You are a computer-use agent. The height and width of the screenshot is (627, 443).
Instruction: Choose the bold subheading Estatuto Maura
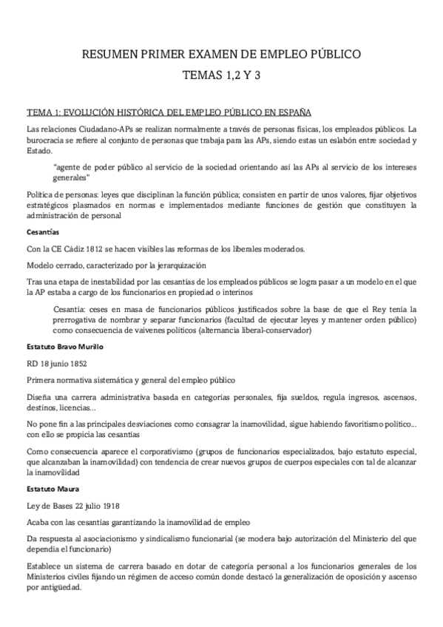(52, 489)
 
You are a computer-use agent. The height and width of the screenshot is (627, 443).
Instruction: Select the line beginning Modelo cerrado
(115, 264)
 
